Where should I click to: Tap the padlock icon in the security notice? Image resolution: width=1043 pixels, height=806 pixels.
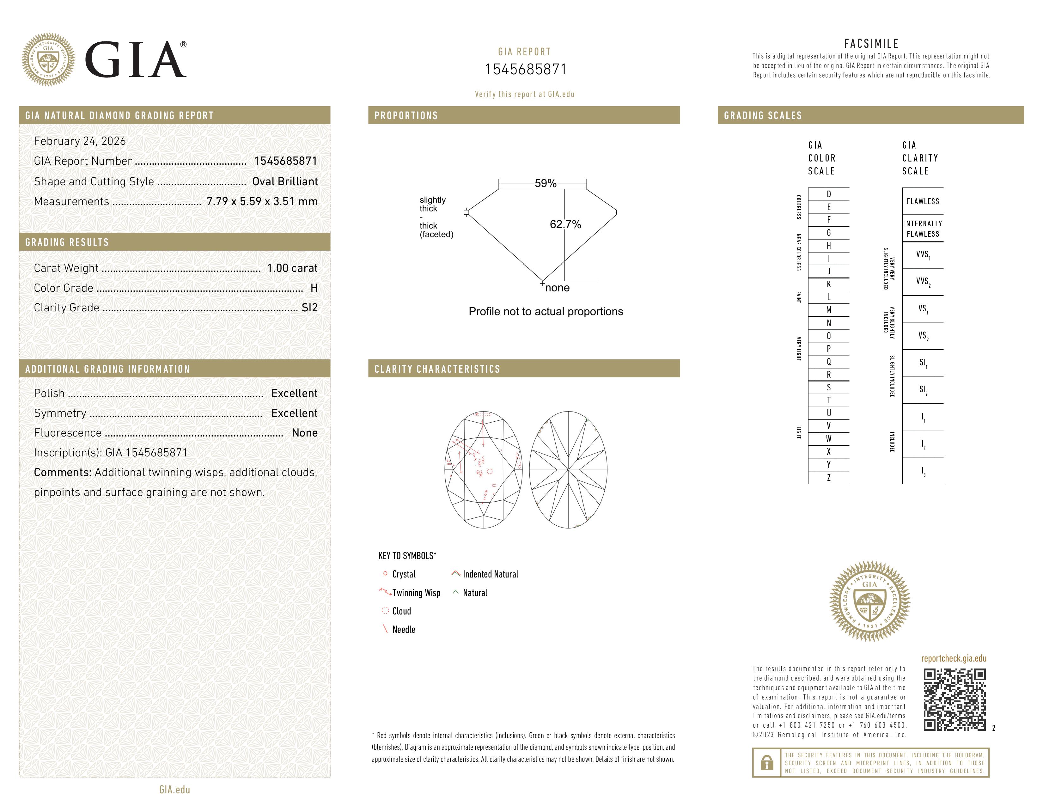pos(766,763)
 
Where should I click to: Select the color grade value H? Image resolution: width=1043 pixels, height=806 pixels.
pos(314,288)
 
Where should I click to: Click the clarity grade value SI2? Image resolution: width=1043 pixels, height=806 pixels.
pos(309,308)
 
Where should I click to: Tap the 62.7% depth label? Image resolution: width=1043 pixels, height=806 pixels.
pos(565,224)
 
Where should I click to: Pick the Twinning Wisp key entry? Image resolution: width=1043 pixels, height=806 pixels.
pos(416,593)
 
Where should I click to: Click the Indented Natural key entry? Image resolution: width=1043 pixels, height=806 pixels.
pos(490,574)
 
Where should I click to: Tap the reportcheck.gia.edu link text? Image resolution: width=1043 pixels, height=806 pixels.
pos(953,658)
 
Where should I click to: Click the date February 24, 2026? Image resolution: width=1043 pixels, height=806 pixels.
pos(80,141)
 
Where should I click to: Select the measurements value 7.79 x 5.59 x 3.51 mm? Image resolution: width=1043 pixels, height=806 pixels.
pos(262,202)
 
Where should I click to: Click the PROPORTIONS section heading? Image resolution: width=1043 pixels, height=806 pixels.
pos(406,116)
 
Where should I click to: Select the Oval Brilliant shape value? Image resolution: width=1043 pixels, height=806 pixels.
pos(285,181)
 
